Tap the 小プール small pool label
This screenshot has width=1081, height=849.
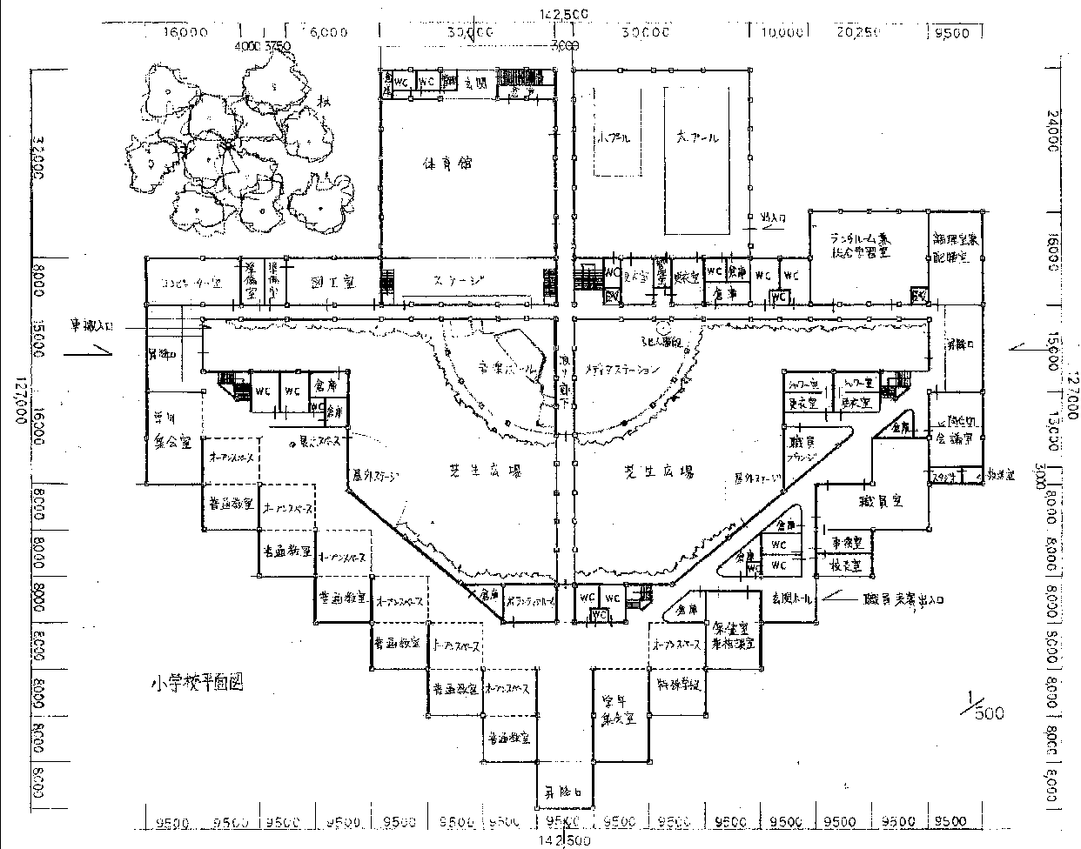pyautogui.click(x=614, y=138)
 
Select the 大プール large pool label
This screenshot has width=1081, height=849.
pyautogui.click(x=698, y=137)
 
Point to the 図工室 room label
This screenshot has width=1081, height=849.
pyautogui.click(x=332, y=283)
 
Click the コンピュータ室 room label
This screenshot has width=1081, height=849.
pyautogui.click(x=192, y=284)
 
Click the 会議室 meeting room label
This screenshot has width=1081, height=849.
pyautogui.click(x=954, y=438)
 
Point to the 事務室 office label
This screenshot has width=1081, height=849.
pyautogui.click(x=845, y=541)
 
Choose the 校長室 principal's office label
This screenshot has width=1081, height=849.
pyautogui.click(x=845, y=565)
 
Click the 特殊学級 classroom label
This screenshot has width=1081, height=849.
pyautogui.click(x=678, y=684)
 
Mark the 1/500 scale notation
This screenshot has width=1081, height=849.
pyautogui.click(x=983, y=705)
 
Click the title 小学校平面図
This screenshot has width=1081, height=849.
pyautogui.click(x=195, y=682)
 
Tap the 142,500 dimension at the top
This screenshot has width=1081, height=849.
pyautogui.click(x=565, y=13)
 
